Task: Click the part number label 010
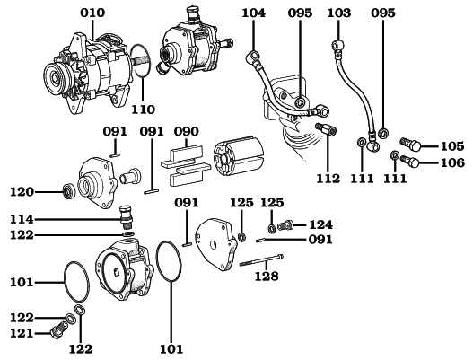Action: coord(92,13)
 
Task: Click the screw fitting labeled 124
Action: coord(289,224)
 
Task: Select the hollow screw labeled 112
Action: coord(327,134)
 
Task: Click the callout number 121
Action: coord(22,333)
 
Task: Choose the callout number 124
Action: coord(321,224)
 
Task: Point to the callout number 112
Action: coord(328,179)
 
